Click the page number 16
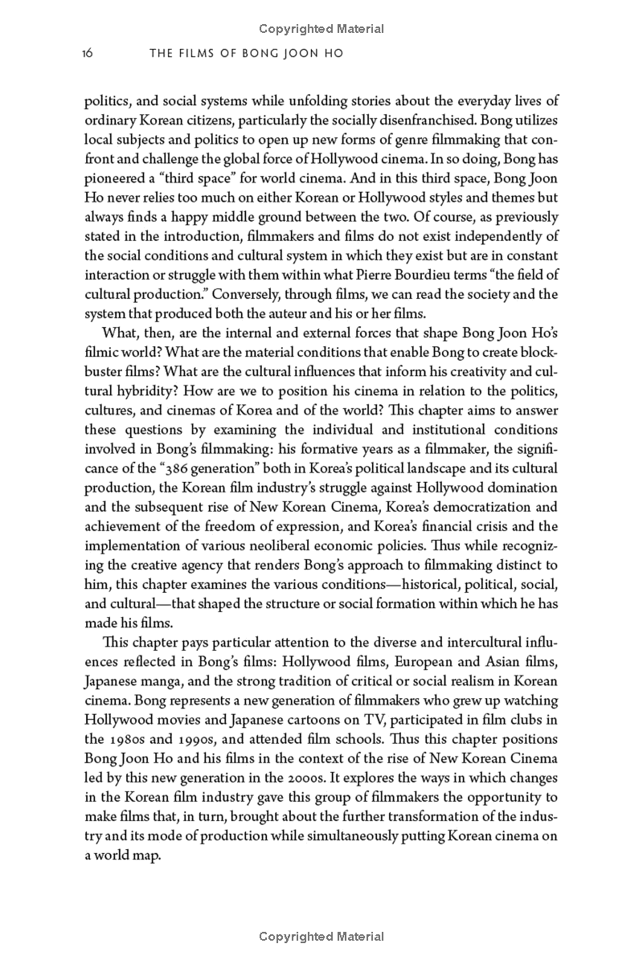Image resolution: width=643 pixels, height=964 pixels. (88, 54)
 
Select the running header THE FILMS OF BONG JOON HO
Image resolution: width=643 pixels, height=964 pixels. (247, 54)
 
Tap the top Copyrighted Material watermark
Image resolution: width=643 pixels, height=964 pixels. (321, 29)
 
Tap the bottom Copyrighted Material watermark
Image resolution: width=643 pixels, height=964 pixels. (321, 937)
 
